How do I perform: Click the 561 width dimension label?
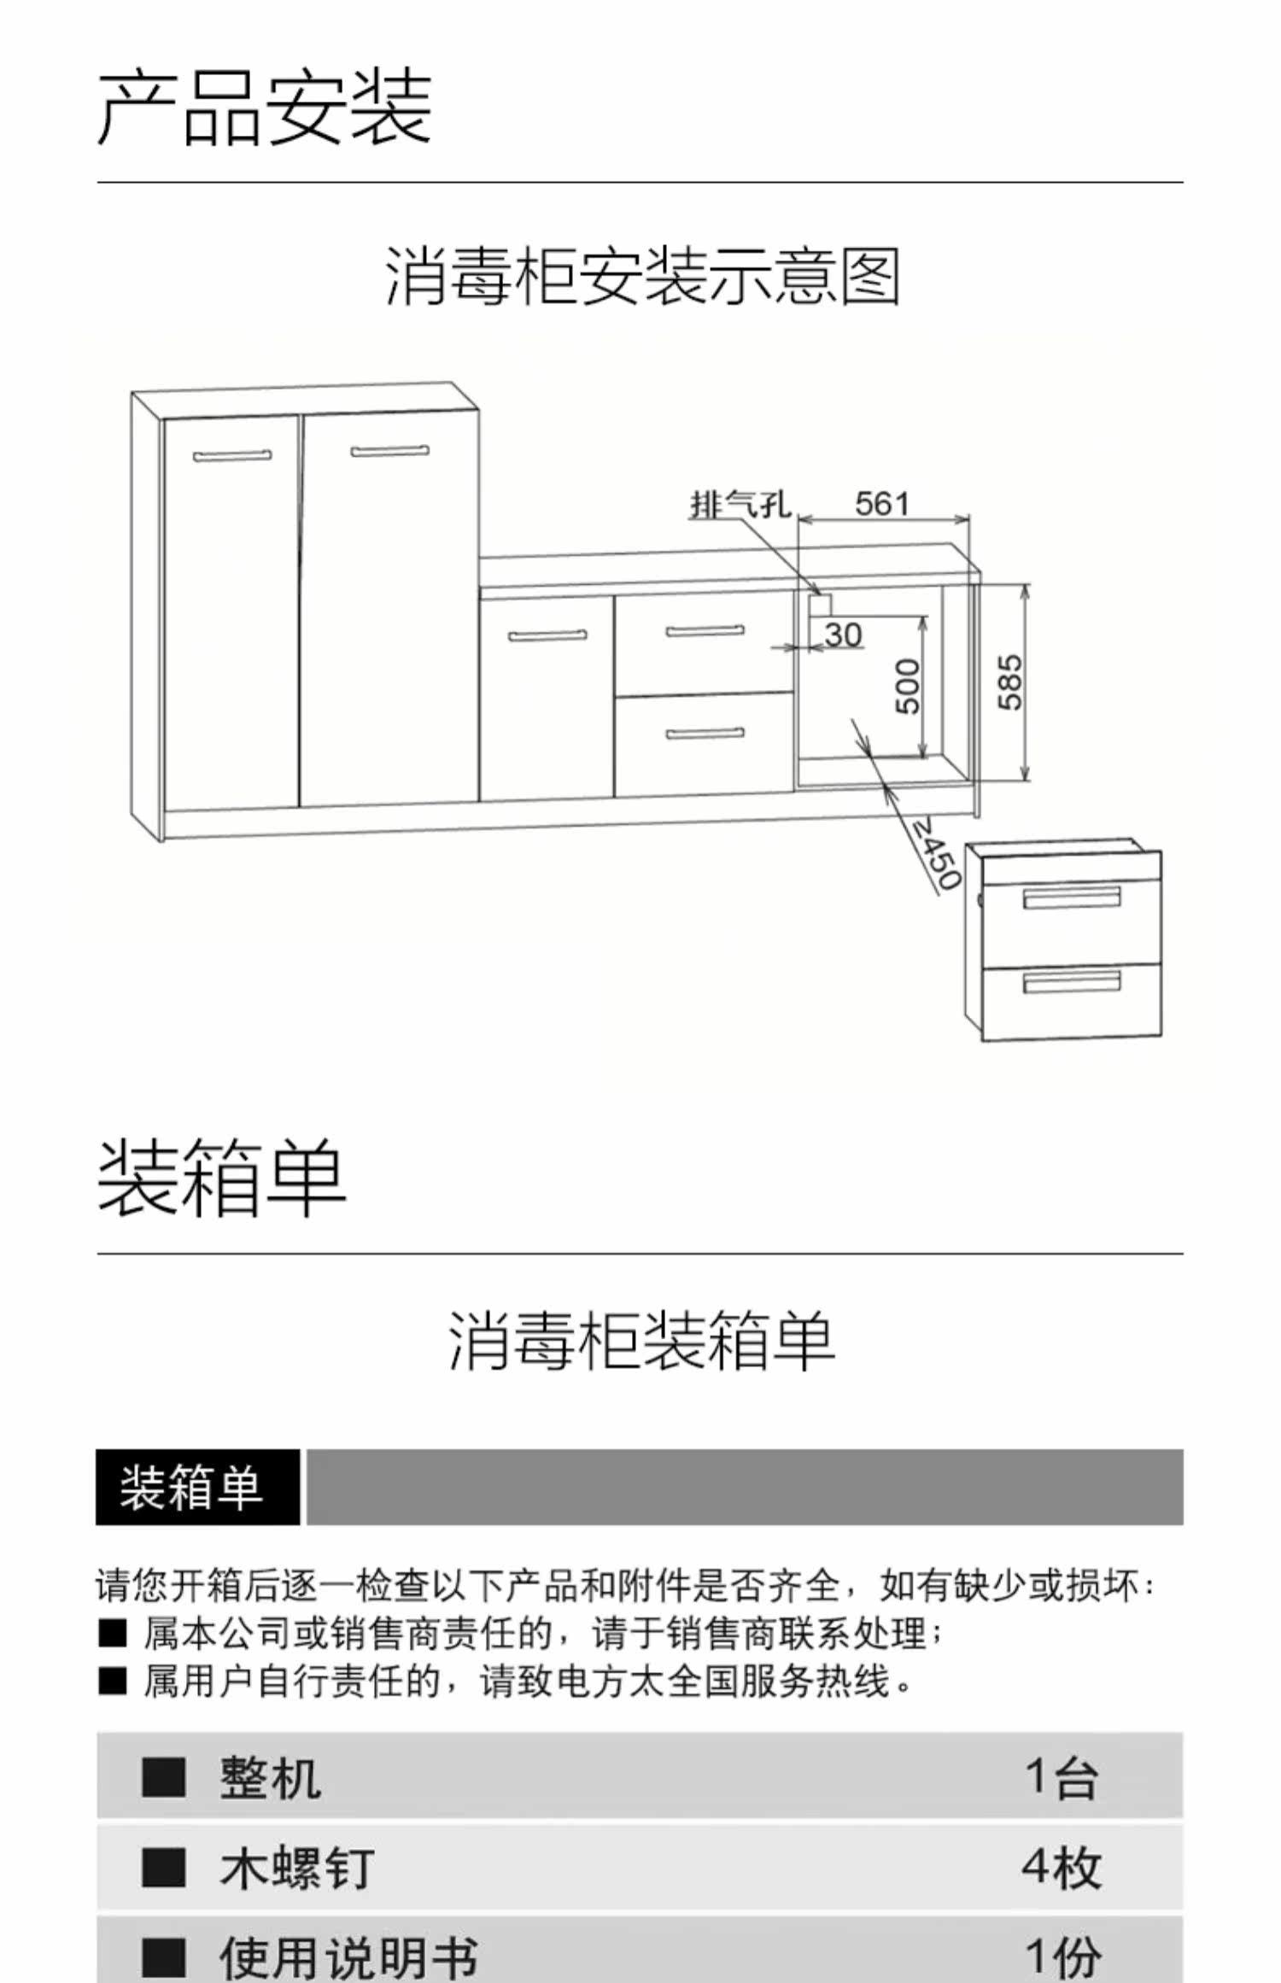click(882, 504)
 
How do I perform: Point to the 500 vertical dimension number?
click(908, 685)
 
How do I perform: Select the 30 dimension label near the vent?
click(843, 635)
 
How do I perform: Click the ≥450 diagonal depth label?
click(936, 854)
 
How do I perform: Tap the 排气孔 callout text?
click(740, 505)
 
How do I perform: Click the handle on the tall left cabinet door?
click(232, 455)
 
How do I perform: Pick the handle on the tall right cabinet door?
click(389, 450)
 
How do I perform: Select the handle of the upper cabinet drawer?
click(705, 632)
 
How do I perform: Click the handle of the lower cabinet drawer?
click(705, 733)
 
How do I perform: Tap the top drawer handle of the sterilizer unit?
click(1072, 898)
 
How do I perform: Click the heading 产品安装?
click(265, 108)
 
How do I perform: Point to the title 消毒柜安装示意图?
click(642, 276)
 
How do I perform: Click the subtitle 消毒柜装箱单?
click(641, 1342)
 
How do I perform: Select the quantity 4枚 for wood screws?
click(1061, 1867)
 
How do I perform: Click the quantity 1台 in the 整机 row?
click(1061, 1778)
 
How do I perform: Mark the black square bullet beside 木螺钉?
click(163, 1867)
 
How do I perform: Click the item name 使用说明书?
click(348, 1957)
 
